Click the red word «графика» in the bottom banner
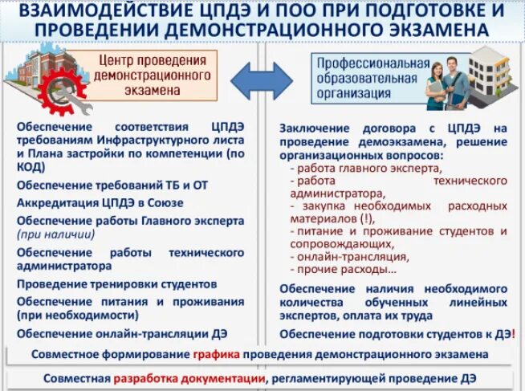(215, 353)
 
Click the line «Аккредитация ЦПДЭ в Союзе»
(100, 202)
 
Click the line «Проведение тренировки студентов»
(116, 284)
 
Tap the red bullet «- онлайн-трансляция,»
(349, 257)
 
